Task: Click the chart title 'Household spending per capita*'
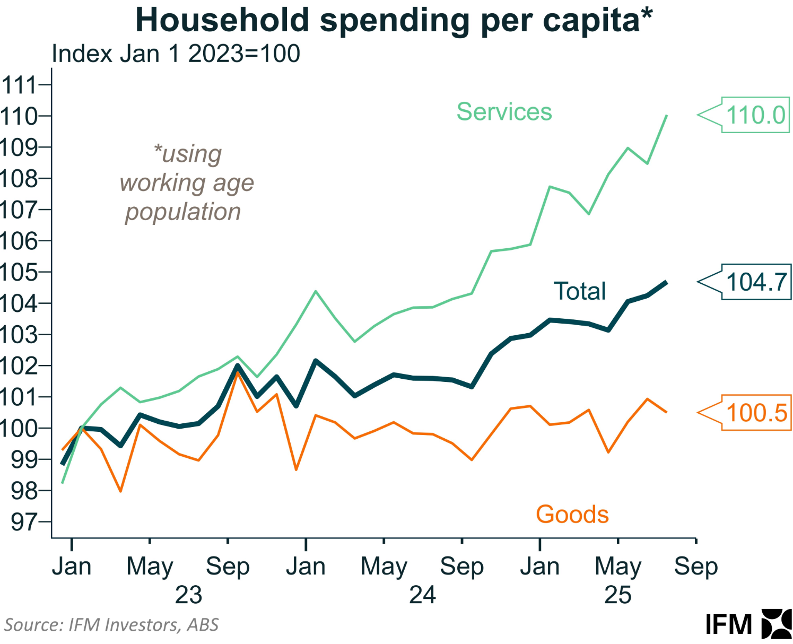pyautogui.click(x=394, y=20)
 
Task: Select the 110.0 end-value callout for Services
pyautogui.click(x=755, y=115)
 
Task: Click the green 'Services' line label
pyautogui.click(x=504, y=112)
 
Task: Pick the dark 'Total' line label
pyautogui.click(x=579, y=291)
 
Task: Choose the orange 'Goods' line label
pyautogui.click(x=572, y=514)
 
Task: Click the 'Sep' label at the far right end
pyautogui.click(x=695, y=567)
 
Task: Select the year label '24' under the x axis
pyautogui.click(x=422, y=595)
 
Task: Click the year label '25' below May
pyautogui.click(x=617, y=595)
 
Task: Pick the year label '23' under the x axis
pyautogui.click(x=188, y=595)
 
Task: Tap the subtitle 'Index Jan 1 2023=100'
pyautogui.click(x=176, y=54)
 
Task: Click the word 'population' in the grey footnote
pyautogui.click(x=183, y=212)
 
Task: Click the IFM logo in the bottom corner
pyautogui.click(x=748, y=624)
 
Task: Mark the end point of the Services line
pyautogui.click(x=666, y=116)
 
